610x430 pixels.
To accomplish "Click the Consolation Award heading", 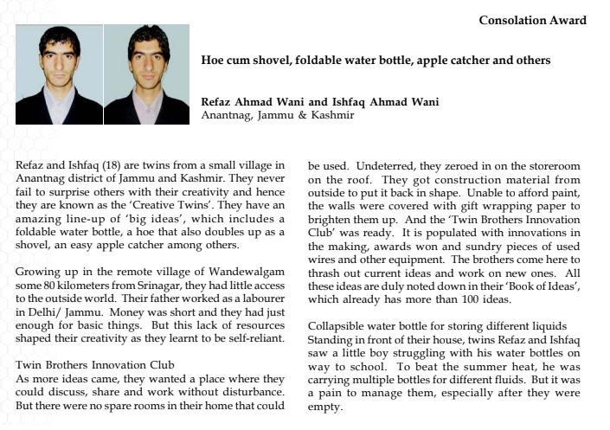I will tap(532, 20).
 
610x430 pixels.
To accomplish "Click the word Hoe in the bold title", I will tap(212, 61).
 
